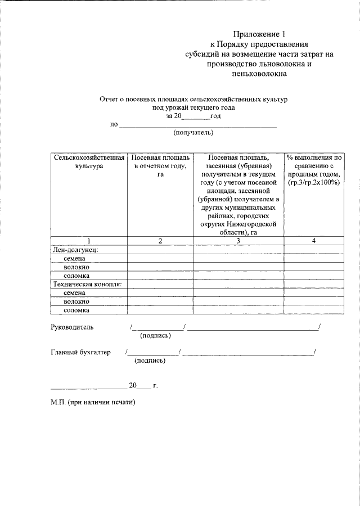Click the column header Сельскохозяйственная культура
point(88,163)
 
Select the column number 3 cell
point(238,241)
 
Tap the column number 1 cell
point(88,241)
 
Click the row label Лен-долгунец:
point(75,250)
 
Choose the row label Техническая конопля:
point(88,284)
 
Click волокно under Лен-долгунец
point(77,267)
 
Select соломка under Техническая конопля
point(77,310)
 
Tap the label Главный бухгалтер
point(80,352)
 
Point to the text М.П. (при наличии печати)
point(93,403)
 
